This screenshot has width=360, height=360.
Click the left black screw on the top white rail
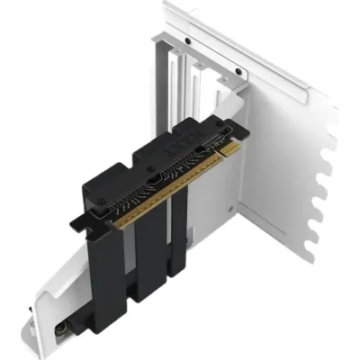tap(186, 41)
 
